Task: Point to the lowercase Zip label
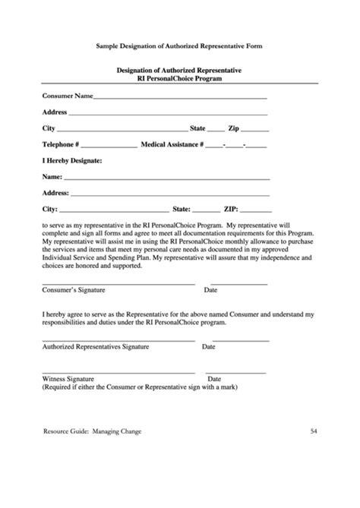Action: coord(234,128)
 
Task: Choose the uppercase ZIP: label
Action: coord(232,207)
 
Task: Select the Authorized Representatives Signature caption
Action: coord(96,346)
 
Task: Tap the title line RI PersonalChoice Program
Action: coord(179,77)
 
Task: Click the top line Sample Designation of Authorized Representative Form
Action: coord(179,46)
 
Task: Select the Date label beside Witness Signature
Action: coord(214,378)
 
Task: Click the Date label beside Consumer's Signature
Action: coord(210,290)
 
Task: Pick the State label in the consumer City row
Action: coord(197,128)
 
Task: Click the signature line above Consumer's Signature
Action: coord(118,283)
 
